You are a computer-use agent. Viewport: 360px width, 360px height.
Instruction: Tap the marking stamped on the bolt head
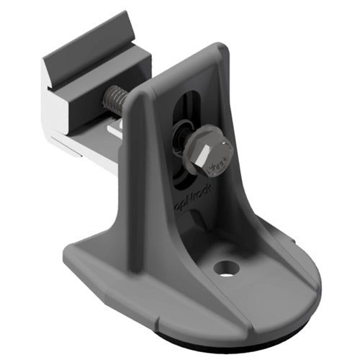(216, 167)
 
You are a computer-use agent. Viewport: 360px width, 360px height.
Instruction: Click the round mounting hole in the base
(226, 269)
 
